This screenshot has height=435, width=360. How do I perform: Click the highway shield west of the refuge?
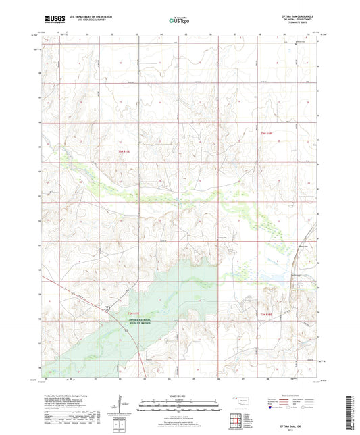pyautogui.click(x=106, y=309)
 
